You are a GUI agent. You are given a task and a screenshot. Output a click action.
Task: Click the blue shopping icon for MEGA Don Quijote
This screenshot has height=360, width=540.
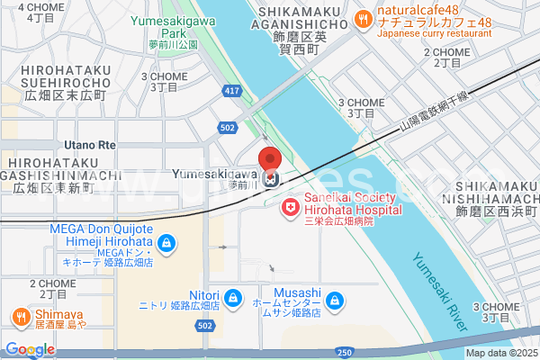[x=166, y=243]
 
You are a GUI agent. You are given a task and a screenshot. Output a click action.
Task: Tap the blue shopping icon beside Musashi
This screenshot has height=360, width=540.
[x=334, y=299]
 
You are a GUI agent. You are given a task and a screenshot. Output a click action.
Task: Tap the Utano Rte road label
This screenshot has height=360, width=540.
[x=90, y=144]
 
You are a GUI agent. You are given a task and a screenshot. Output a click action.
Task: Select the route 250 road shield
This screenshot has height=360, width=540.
[x=345, y=352]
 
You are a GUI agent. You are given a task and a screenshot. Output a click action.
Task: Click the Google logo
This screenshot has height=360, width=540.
[x=30, y=349]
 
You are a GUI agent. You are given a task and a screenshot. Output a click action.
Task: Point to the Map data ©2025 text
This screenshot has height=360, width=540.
[x=501, y=352]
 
